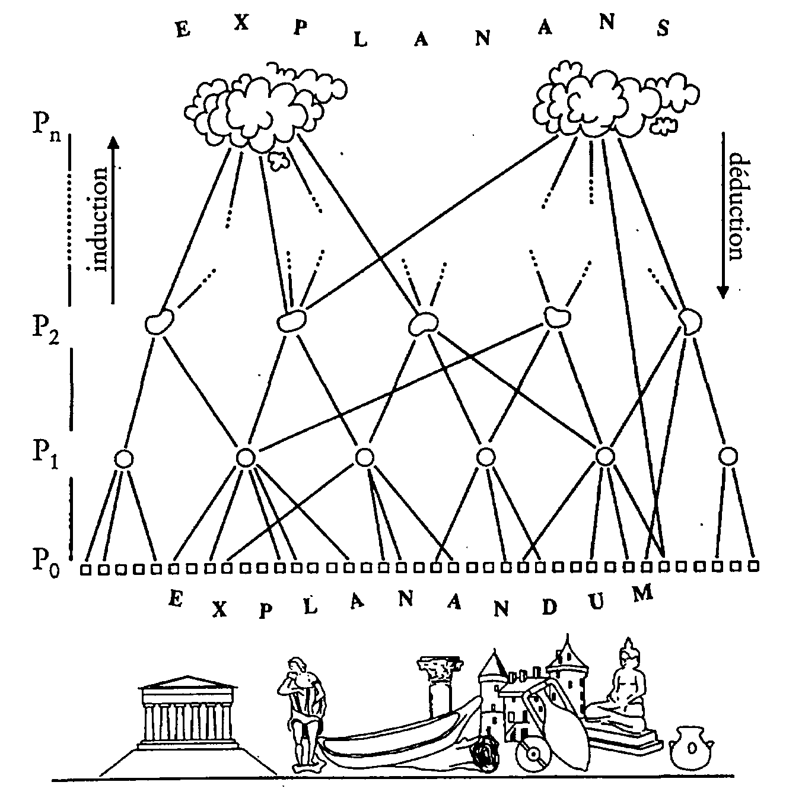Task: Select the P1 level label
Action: (45, 455)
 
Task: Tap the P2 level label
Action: (45, 328)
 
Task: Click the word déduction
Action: (736, 208)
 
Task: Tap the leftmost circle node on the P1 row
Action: (123, 458)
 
